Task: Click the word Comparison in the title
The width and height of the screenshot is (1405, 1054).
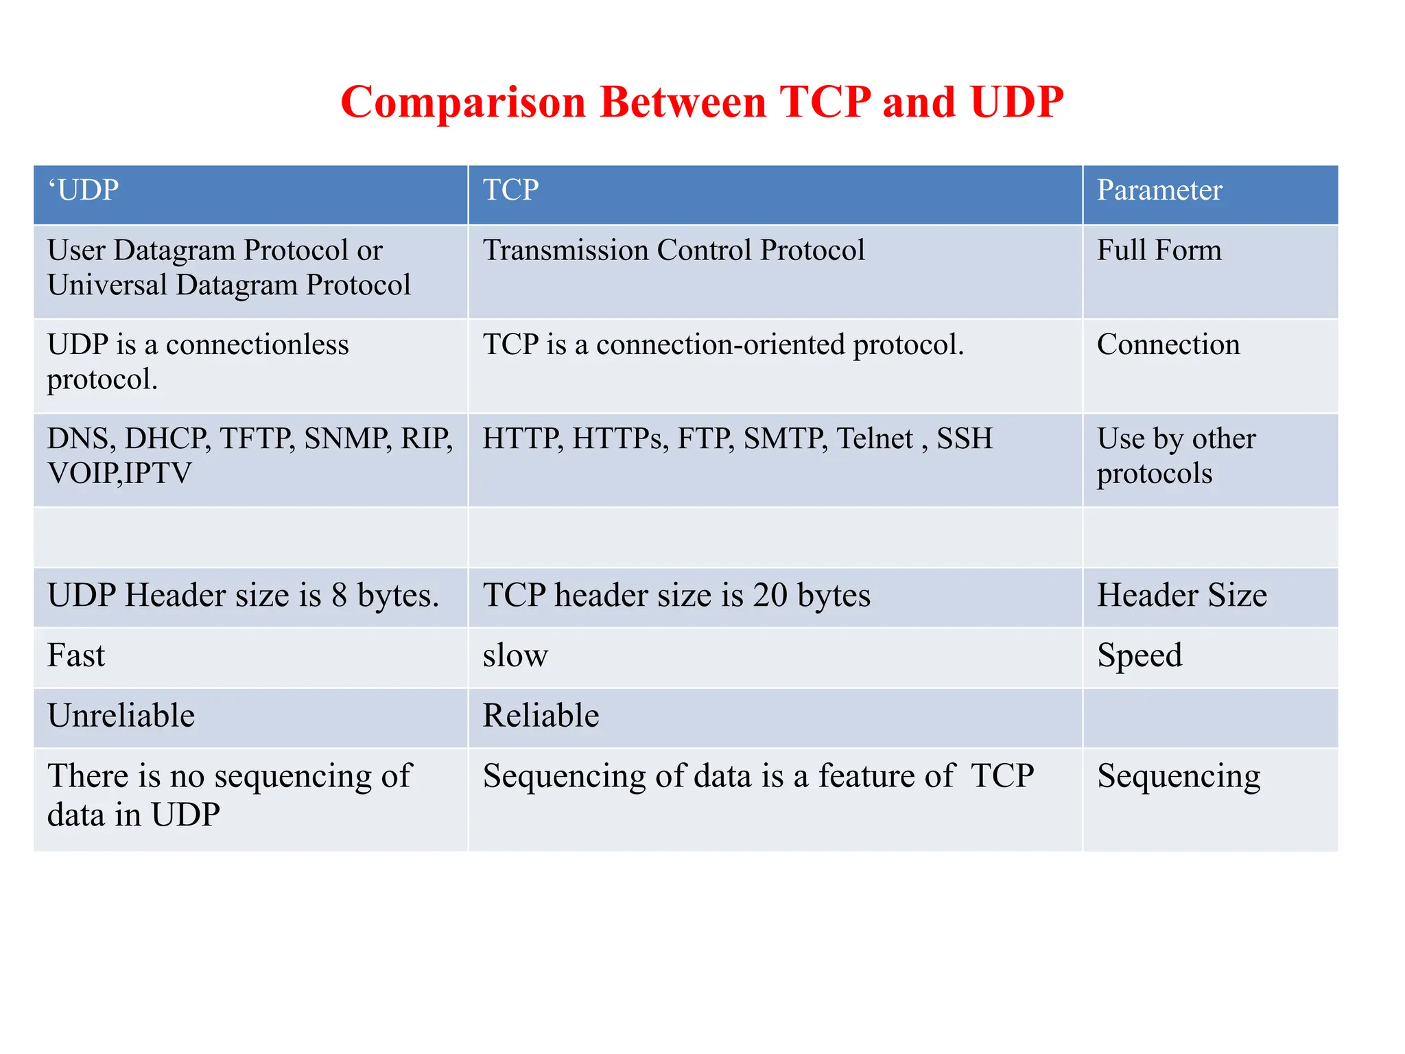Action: [x=463, y=103]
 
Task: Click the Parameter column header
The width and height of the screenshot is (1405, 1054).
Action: [x=1159, y=190]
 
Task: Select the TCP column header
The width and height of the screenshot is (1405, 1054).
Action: [x=510, y=190]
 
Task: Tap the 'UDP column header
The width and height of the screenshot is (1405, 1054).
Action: [x=84, y=190]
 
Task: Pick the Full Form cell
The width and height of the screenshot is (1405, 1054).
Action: [x=1159, y=250]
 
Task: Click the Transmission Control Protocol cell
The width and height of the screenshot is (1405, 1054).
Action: [x=674, y=250]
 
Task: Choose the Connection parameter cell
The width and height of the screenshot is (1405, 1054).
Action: [x=1168, y=344]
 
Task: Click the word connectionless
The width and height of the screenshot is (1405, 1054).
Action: [x=257, y=344]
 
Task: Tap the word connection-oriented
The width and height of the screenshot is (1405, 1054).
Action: [x=720, y=344]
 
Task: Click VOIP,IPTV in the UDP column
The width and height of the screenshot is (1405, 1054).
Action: [x=119, y=473]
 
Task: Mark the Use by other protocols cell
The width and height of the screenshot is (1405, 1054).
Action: [x=1176, y=456]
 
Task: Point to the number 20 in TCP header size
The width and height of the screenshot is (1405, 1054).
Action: [x=770, y=595]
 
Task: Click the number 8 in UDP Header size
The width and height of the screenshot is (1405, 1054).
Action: [x=339, y=595]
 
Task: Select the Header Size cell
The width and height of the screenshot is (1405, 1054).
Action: [x=1181, y=595]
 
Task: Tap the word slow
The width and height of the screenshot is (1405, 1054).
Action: [x=515, y=656]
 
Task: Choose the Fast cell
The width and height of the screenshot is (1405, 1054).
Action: [x=76, y=656]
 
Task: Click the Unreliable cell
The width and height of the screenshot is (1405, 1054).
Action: [x=121, y=716]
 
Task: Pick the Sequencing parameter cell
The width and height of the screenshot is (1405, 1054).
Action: [x=1179, y=776]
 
